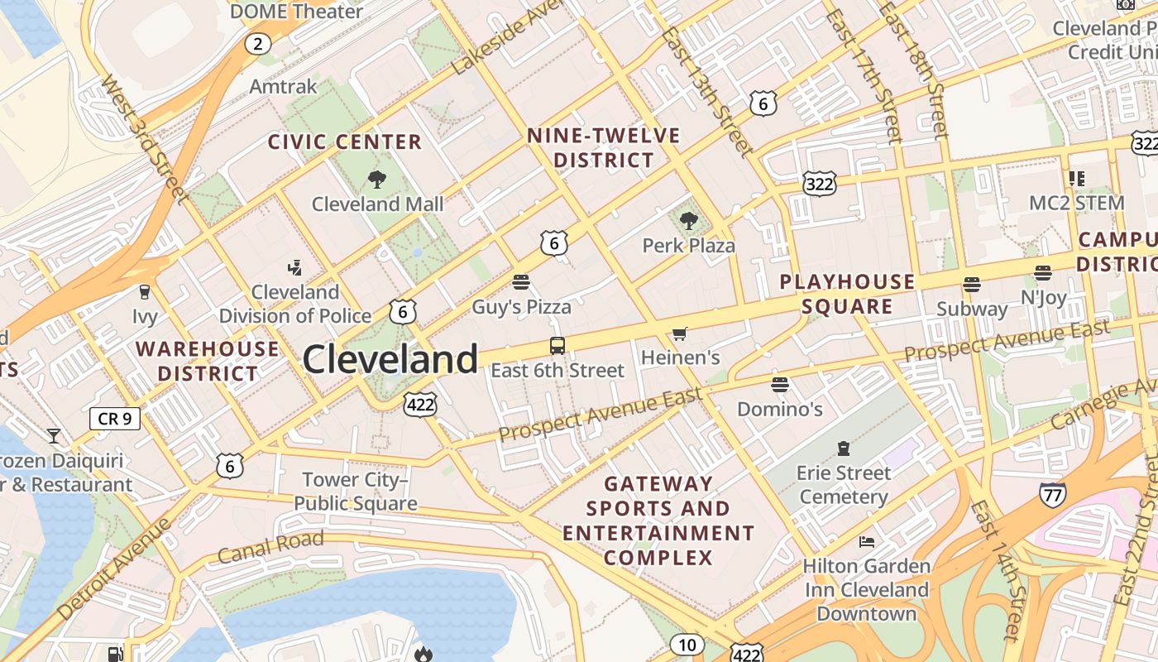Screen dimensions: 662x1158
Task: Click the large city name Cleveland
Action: click(x=390, y=359)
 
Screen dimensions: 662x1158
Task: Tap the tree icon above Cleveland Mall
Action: click(x=377, y=179)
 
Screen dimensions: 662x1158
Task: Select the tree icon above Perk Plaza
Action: click(x=688, y=220)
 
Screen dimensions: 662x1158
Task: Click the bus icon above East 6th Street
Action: click(x=557, y=346)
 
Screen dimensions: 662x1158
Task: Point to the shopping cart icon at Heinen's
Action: click(x=680, y=333)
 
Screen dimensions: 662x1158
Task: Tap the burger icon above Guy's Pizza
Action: click(x=521, y=282)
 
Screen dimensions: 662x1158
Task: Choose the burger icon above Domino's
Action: click(x=779, y=384)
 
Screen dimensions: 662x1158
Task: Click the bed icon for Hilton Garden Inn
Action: click(x=867, y=542)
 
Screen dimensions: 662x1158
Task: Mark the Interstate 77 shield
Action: click(x=1052, y=494)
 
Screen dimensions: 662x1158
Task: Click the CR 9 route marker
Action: click(x=115, y=419)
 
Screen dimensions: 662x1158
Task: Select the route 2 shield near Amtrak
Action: click(x=258, y=44)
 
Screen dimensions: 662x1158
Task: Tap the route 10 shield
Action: click(x=687, y=645)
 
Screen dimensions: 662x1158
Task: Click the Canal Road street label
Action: click(x=271, y=547)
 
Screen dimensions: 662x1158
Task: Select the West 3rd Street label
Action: click(x=142, y=138)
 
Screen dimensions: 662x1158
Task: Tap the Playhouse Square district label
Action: click(x=847, y=294)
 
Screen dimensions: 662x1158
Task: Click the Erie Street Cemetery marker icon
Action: click(x=844, y=449)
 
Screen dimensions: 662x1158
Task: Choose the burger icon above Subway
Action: click(x=972, y=285)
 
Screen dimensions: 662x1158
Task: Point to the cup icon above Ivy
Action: click(x=145, y=291)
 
